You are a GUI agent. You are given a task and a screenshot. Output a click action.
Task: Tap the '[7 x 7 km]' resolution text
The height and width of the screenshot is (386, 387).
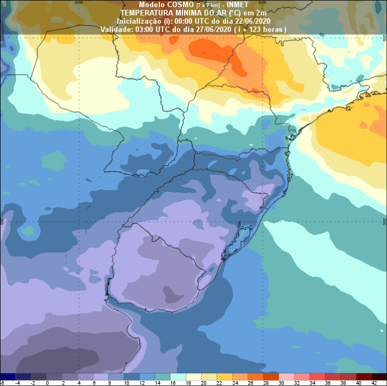pos(208,5)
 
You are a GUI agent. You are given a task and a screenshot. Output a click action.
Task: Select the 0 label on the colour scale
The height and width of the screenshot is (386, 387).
pos(47,382)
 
